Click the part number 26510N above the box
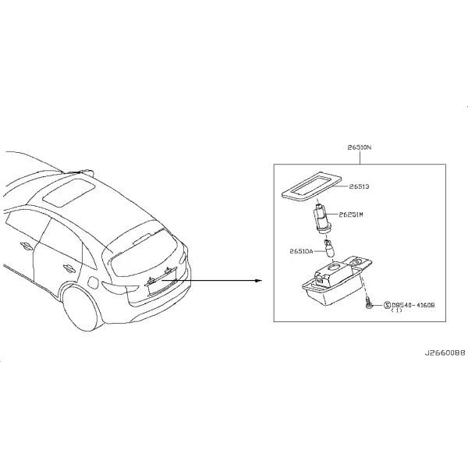(360, 147)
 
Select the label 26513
(359, 186)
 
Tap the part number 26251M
(351, 214)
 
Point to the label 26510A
(301, 251)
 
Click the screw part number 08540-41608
(413, 305)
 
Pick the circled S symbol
(387, 305)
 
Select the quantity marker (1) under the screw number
(396, 310)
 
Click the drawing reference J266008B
(445, 353)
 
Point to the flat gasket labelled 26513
(311, 186)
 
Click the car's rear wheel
(80, 309)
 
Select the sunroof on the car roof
(69, 192)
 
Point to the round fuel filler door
(93, 282)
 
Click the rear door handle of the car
(67, 268)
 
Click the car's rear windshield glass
(143, 253)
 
